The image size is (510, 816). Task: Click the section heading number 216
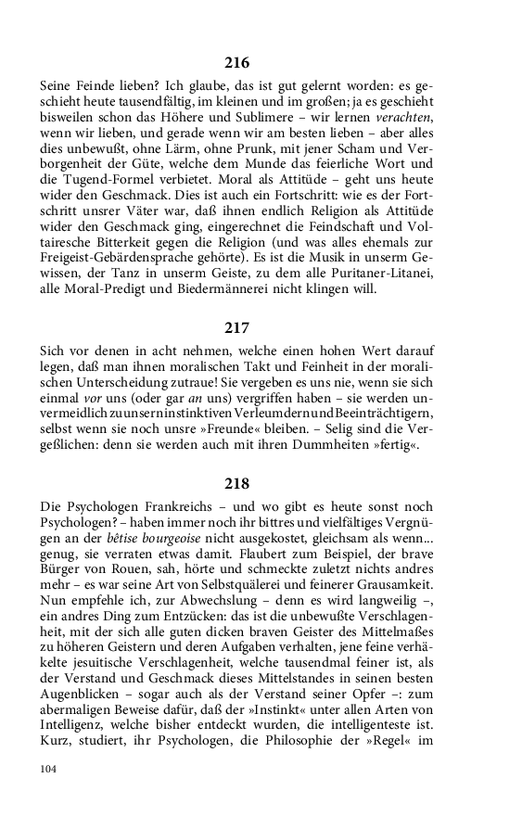click(237, 63)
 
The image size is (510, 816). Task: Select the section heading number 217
click(237, 327)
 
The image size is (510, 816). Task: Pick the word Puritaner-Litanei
click(376, 273)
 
